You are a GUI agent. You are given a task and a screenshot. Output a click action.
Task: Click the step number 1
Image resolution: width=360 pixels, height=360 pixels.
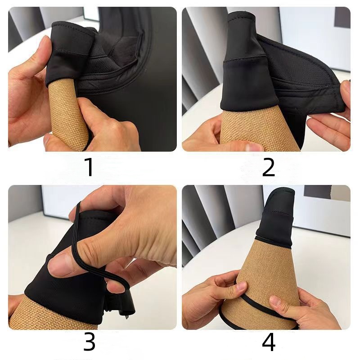coord(89,167)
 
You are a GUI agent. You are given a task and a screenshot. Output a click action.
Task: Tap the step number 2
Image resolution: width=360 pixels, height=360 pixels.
coord(268,167)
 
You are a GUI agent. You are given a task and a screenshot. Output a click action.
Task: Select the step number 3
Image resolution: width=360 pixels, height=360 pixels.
coord(89,342)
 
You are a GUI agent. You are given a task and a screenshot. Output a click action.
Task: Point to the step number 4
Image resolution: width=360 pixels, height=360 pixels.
coord(268,342)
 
